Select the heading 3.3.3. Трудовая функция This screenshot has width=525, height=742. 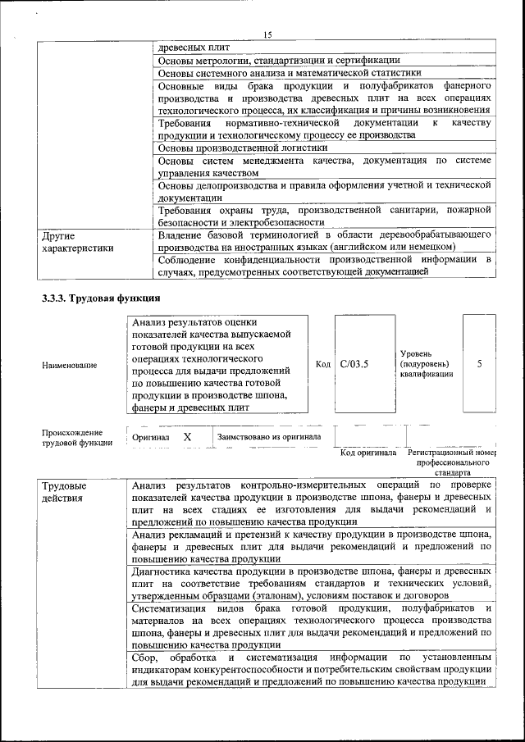(x=101, y=298)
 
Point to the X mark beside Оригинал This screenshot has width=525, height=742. (x=187, y=438)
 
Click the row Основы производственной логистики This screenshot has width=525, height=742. (x=242, y=148)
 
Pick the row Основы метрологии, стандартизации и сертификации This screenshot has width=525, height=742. (x=279, y=60)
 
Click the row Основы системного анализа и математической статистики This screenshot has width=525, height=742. (x=289, y=73)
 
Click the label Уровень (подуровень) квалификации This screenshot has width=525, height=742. (x=426, y=362)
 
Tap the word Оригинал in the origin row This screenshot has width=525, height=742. (x=151, y=438)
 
